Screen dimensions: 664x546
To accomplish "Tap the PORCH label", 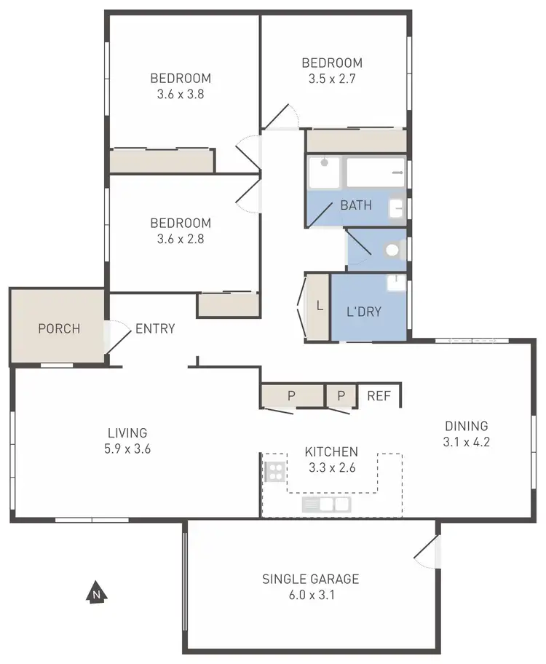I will pos(59,328).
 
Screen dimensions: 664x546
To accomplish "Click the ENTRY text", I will pos(155,328).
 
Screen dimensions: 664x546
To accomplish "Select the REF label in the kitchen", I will pos(379,396).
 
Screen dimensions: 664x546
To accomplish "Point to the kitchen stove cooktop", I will pos(274,471).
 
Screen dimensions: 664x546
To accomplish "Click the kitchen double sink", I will pos(326,504).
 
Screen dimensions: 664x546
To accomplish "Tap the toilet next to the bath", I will pos(392,250).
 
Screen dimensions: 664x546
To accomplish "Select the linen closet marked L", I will pos(319,306).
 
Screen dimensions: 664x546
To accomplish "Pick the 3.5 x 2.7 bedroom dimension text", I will pos(331,79).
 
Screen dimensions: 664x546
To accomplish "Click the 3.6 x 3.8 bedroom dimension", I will pos(181,94).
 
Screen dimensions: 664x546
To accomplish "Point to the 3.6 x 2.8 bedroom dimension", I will pos(181,239).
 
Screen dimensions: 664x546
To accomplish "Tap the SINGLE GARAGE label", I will pos(311,580).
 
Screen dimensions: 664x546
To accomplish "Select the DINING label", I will pos(465,426).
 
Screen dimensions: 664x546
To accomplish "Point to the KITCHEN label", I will pos(331,452).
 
